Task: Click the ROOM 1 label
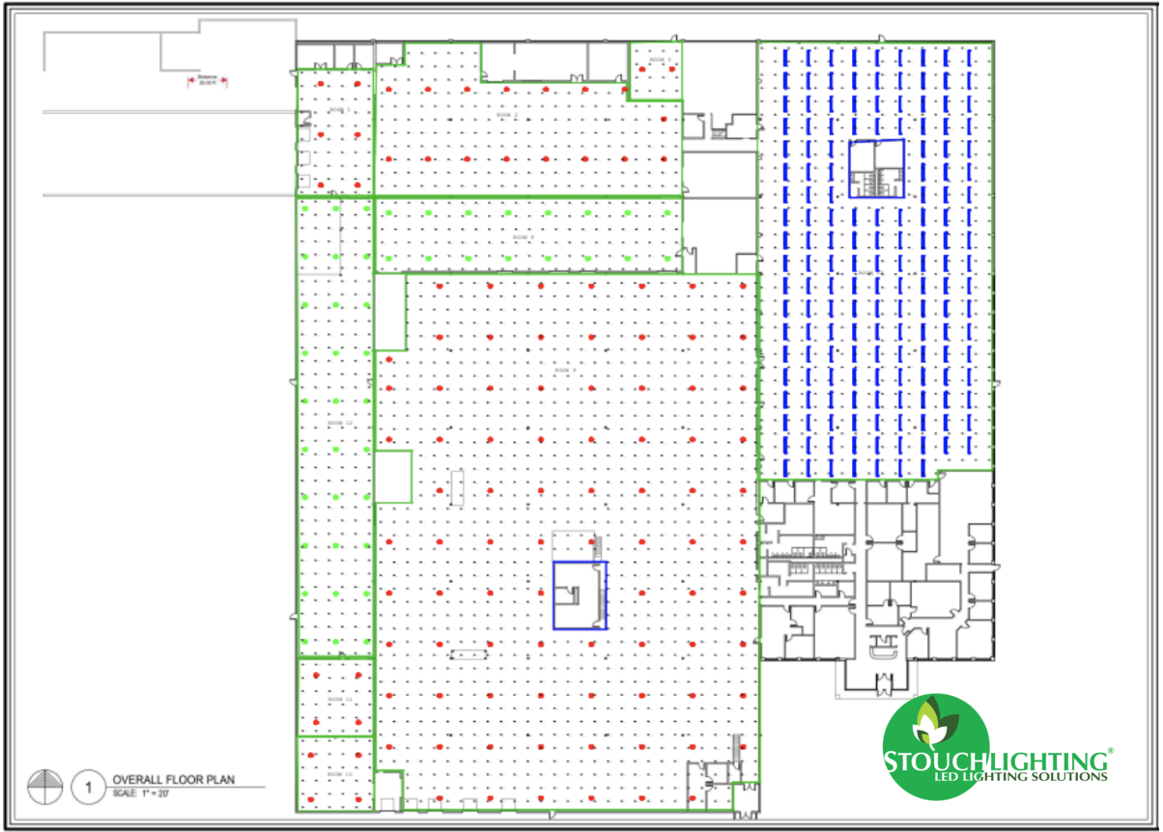pos(336,110)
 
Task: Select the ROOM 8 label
pos(523,236)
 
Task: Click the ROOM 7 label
pos(565,370)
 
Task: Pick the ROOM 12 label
pos(335,423)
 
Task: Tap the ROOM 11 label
pos(335,699)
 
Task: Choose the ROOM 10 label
pos(335,774)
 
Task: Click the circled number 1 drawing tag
pos(87,787)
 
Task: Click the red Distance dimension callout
pos(207,80)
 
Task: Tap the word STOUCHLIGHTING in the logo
pos(995,760)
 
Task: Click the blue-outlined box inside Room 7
pos(580,595)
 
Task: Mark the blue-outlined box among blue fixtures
pos(876,168)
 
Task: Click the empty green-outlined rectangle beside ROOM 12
pos(393,476)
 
